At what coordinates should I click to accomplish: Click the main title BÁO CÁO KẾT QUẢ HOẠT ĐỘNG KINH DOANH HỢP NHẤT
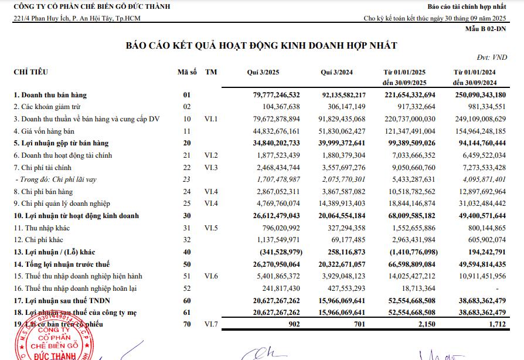[x=261, y=46]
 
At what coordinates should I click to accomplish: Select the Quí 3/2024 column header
[x=336, y=72]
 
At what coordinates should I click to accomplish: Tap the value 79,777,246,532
[x=268, y=94]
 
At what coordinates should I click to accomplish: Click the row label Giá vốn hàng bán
[x=45, y=131]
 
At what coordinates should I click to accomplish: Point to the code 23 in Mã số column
[x=187, y=179]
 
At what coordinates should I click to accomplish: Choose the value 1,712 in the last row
[x=496, y=324]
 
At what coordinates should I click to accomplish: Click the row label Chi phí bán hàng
[x=43, y=192]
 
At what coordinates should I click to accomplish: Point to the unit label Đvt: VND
[x=492, y=57]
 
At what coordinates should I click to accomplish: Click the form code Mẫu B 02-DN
[x=486, y=28]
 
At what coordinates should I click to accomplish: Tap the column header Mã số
[x=187, y=72]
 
